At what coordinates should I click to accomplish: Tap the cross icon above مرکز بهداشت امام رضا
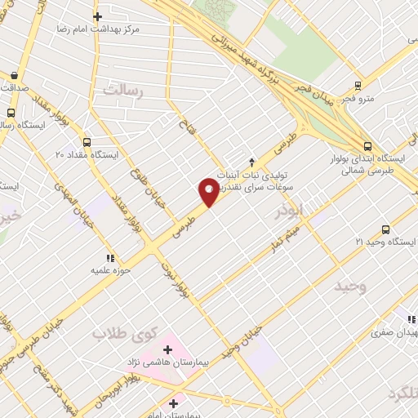click(x=97, y=16)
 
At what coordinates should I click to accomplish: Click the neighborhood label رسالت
click(x=122, y=91)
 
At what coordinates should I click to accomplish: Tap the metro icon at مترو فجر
click(x=358, y=86)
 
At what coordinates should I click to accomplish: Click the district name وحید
click(x=350, y=286)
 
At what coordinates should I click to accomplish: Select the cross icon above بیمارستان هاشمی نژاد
click(x=168, y=349)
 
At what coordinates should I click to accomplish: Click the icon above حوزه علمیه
click(x=111, y=258)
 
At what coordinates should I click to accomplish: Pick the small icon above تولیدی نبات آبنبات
click(x=251, y=161)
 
